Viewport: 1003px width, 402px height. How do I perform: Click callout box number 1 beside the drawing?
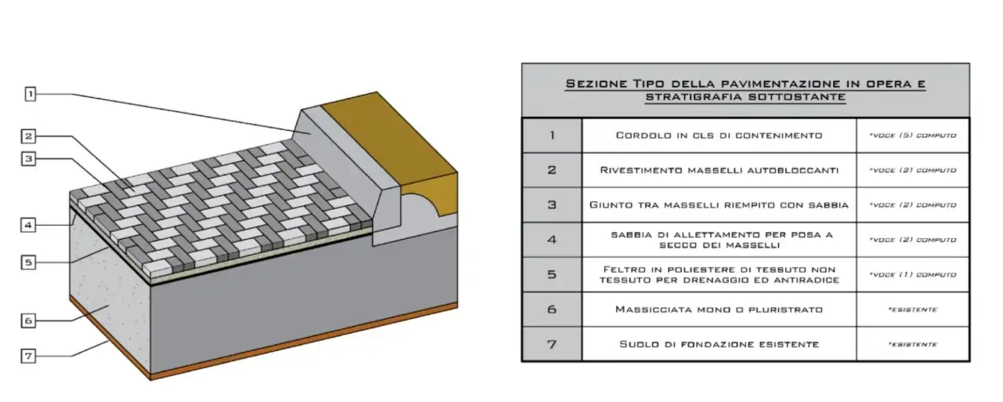[x=30, y=94]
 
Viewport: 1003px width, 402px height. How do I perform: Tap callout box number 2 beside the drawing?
[x=28, y=136]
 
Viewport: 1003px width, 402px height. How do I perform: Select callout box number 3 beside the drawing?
[x=28, y=159]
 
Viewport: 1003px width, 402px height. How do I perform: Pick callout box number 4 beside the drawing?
[x=28, y=225]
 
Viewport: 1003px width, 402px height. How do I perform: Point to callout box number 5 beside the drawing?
[x=28, y=263]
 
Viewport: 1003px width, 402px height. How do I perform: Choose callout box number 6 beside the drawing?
[x=28, y=321]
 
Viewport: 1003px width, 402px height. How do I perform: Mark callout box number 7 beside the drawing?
[x=28, y=357]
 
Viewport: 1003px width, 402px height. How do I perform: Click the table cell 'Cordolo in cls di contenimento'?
[x=719, y=136]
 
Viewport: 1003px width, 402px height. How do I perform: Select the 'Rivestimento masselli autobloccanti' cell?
[x=719, y=170]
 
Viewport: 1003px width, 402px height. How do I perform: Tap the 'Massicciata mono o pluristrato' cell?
[x=719, y=310]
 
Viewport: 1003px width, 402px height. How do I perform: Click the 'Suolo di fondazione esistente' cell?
[x=719, y=344]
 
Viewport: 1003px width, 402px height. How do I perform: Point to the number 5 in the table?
[x=552, y=274]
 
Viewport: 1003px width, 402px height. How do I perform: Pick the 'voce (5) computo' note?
[x=913, y=136]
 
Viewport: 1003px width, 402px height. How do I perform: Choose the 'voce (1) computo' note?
[x=913, y=274]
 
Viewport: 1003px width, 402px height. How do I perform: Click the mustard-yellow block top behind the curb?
[x=389, y=139]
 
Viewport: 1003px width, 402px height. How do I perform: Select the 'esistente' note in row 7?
[x=913, y=344]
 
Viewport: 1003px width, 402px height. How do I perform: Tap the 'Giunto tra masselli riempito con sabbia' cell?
[x=719, y=205]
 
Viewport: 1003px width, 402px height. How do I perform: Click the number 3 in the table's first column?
[x=552, y=205]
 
